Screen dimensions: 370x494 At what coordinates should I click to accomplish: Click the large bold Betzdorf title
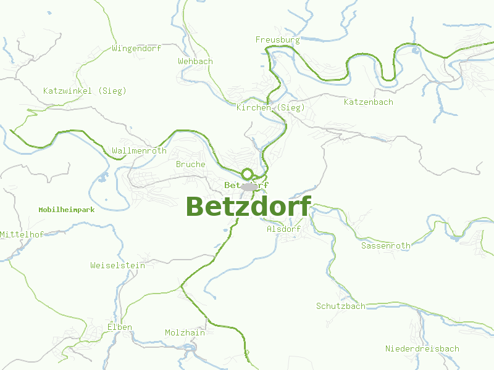tap(248, 206)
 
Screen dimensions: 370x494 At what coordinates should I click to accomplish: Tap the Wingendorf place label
tap(136, 48)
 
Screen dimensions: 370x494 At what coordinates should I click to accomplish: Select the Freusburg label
tap(277, 40)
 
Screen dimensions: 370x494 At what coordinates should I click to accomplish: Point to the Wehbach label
tap(195, 62)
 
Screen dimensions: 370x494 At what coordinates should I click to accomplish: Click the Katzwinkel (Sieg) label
tap(85, 91)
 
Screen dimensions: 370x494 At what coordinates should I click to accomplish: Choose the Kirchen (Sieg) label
tap(270, 108)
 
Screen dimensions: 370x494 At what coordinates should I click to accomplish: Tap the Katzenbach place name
tap(368, 102)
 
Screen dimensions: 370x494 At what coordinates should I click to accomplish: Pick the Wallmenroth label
tap(139, 151)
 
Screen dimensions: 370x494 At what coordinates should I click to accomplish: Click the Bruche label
tap(190, 165)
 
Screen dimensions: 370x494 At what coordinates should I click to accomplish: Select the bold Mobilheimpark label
tap(66, 210)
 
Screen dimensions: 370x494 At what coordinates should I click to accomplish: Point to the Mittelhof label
tap(22, 235)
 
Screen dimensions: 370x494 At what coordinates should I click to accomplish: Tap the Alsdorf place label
tap(283, 229)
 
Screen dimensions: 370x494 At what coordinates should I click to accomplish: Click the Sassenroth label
tap(385, 246)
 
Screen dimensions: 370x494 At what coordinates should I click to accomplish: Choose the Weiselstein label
tap(117, 266)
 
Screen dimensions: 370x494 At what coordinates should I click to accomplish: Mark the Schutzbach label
tap(340, 306)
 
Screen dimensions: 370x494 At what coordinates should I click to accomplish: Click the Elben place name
tap(119, 327)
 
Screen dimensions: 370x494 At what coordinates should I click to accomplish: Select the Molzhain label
tap(185, 333)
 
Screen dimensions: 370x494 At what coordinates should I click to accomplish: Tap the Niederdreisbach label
tap(422, 349)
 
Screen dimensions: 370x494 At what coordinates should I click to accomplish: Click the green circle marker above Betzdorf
tap(247, 174)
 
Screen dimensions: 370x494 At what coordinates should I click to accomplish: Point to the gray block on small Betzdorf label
tap(249, 186)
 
